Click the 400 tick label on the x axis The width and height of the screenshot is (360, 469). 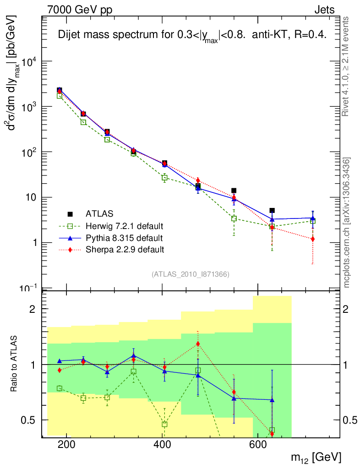click(x=162, y=445)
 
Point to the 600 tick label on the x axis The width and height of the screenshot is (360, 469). click(x=257, y=445)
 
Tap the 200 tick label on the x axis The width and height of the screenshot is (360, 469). click(x=67, y=445)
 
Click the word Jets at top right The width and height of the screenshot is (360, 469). click(x=324, y=10)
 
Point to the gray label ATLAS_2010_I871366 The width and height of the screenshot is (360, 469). click(x=190, y=274)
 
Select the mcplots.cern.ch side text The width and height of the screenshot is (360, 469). click(x=347, y=222)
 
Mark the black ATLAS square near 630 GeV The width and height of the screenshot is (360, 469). click(x=272, y=211)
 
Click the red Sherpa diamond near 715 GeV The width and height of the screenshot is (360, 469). click(x=312, y=239)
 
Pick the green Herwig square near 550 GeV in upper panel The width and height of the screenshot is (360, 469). click(x=234, y=218)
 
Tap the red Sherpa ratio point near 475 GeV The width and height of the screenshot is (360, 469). click(x=198, y=344)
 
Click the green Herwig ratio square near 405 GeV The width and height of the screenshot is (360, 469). click(x=164, y=425)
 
